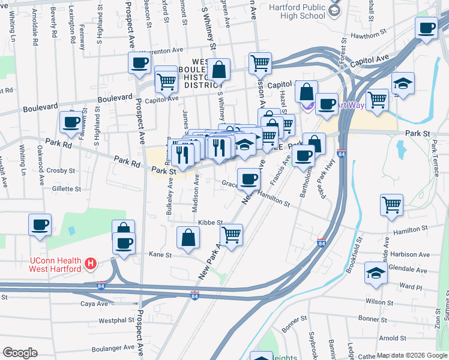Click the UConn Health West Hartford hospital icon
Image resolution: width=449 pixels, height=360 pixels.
[x=91, y=263]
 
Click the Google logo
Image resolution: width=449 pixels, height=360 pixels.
[x=20, y=352]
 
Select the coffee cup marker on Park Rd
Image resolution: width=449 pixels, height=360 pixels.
[x=71, y=123]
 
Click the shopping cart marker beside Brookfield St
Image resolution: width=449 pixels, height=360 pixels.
[x=391, y=205]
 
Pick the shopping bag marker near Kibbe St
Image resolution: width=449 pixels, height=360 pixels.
[x=188, y=238]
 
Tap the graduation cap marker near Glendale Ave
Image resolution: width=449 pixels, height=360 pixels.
[x=375, y=274]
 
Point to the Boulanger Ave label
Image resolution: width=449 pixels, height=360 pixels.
[x=112, y=347]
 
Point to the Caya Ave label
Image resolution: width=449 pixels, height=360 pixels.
[x=94, y=304]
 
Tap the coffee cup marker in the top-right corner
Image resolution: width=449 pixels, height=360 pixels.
[x=427, y=28]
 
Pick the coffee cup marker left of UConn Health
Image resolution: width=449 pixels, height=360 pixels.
[x=40, y=226]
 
